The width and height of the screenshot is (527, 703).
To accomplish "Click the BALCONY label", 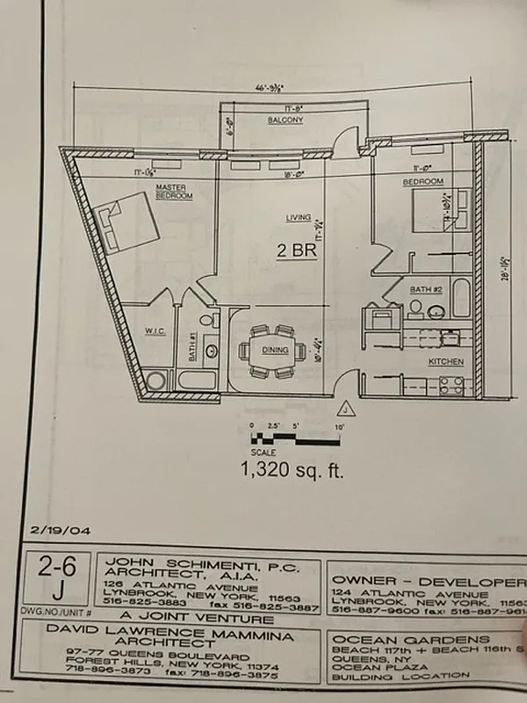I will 286,120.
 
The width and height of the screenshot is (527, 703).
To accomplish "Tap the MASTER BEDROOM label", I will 174,192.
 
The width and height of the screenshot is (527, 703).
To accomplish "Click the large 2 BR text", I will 295,250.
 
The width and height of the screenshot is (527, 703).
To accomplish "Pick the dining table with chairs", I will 271,349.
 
